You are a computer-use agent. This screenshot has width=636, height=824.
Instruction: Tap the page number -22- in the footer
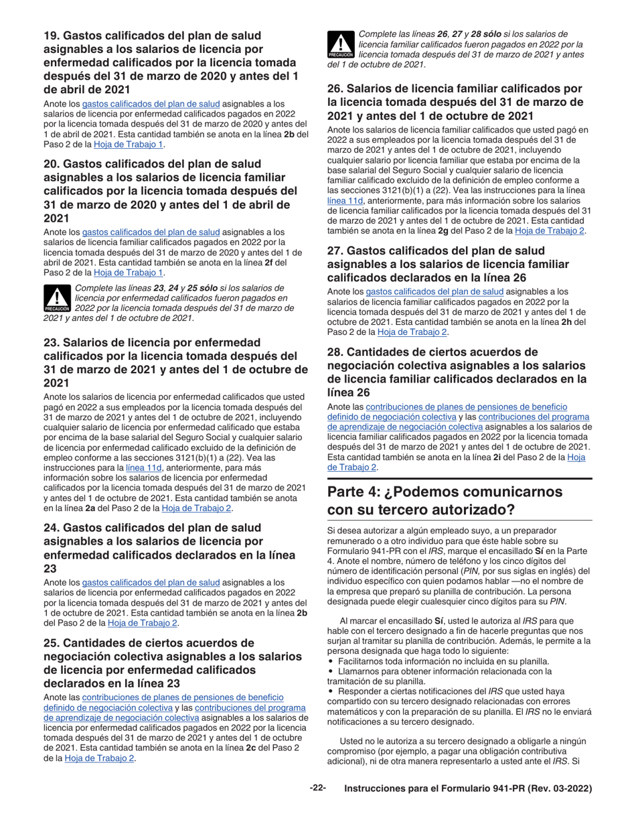coord(317,788)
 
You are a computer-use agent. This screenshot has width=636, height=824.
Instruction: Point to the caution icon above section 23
coord(57,299)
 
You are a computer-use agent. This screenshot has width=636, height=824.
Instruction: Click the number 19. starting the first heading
coord(53,36)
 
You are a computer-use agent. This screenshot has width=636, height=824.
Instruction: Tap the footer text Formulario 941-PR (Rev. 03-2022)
coord(468,789)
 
